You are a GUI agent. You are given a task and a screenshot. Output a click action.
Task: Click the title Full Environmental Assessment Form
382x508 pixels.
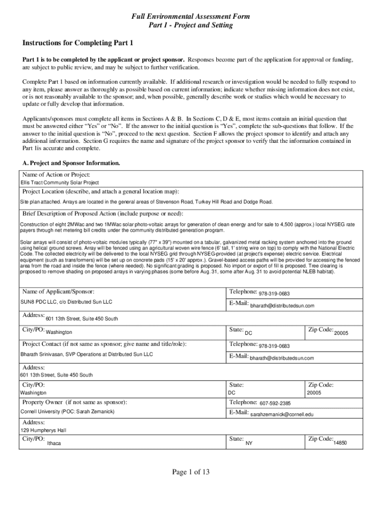pyautogui.click(x=191, y=16)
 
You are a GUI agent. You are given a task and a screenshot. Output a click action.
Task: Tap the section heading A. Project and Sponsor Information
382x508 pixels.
pyautogui.click(x=71, y=163)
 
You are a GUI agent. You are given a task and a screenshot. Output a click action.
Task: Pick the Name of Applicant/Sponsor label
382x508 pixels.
pyautogui.click(x=59, y=292)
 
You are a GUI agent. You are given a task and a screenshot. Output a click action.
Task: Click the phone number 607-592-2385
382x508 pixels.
pyautogui.click(x=275, y=403)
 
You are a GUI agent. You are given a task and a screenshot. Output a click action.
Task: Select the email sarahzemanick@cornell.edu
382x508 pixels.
pyautogui.click(x=282, y=414)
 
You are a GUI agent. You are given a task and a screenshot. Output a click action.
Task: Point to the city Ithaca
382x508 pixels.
pyautogui.click(x=54, y=443)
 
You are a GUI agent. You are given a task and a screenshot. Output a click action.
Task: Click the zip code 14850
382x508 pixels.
pyautogui.click(x=340, y=443)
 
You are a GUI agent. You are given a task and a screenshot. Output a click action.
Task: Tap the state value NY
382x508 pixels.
pyautogui.click(x=249, y=443)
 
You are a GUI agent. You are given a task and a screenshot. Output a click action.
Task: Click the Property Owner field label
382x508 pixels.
pyautogui.click(x=74, y=402)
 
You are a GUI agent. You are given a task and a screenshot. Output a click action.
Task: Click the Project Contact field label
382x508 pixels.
pyautogui.click(x=104, y=344)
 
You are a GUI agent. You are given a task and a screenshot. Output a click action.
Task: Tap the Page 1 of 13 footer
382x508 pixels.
pyautogui.click(x=191, y=472)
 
